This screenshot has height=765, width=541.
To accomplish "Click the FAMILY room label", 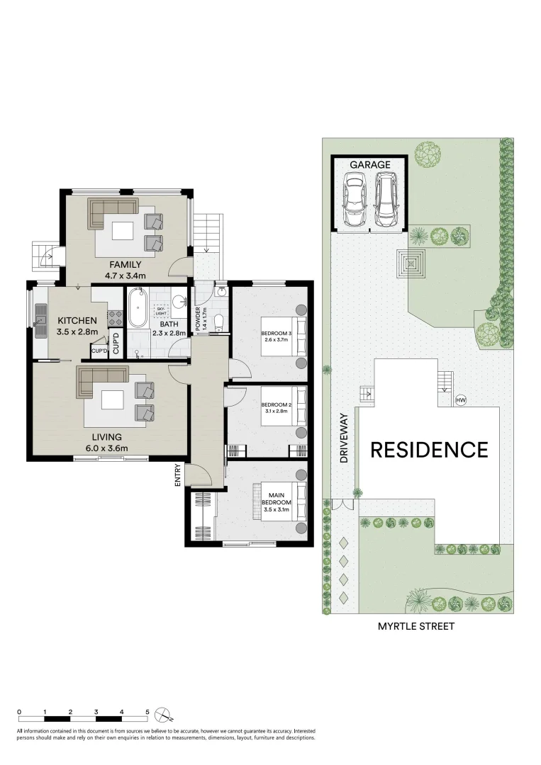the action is coord(125,264).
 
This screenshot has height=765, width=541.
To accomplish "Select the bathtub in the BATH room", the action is coord(138,308).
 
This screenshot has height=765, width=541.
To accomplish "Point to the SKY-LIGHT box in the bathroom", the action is coord(161,311).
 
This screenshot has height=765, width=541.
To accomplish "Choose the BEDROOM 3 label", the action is coord(277,334).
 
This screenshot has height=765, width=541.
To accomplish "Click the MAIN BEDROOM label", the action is coord(277,499).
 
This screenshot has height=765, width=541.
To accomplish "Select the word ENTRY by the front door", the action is coord(178,475).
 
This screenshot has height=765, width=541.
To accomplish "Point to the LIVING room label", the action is coord(107,437).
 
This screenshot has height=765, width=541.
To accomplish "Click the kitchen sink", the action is coord(39,322).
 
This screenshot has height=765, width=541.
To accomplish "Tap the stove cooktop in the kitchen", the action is coord(116,319).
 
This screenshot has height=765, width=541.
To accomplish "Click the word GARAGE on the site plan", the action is coord(370,165).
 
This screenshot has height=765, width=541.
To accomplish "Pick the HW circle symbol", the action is coord(460,400).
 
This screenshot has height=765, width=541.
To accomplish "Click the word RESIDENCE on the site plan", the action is coord(429,450).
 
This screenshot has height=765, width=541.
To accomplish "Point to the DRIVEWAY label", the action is coord(344,438).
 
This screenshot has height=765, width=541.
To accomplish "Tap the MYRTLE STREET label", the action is coord(416,626).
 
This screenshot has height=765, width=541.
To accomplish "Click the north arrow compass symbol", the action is coord(162,715).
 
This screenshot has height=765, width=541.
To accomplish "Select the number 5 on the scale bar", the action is coord(147,712).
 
